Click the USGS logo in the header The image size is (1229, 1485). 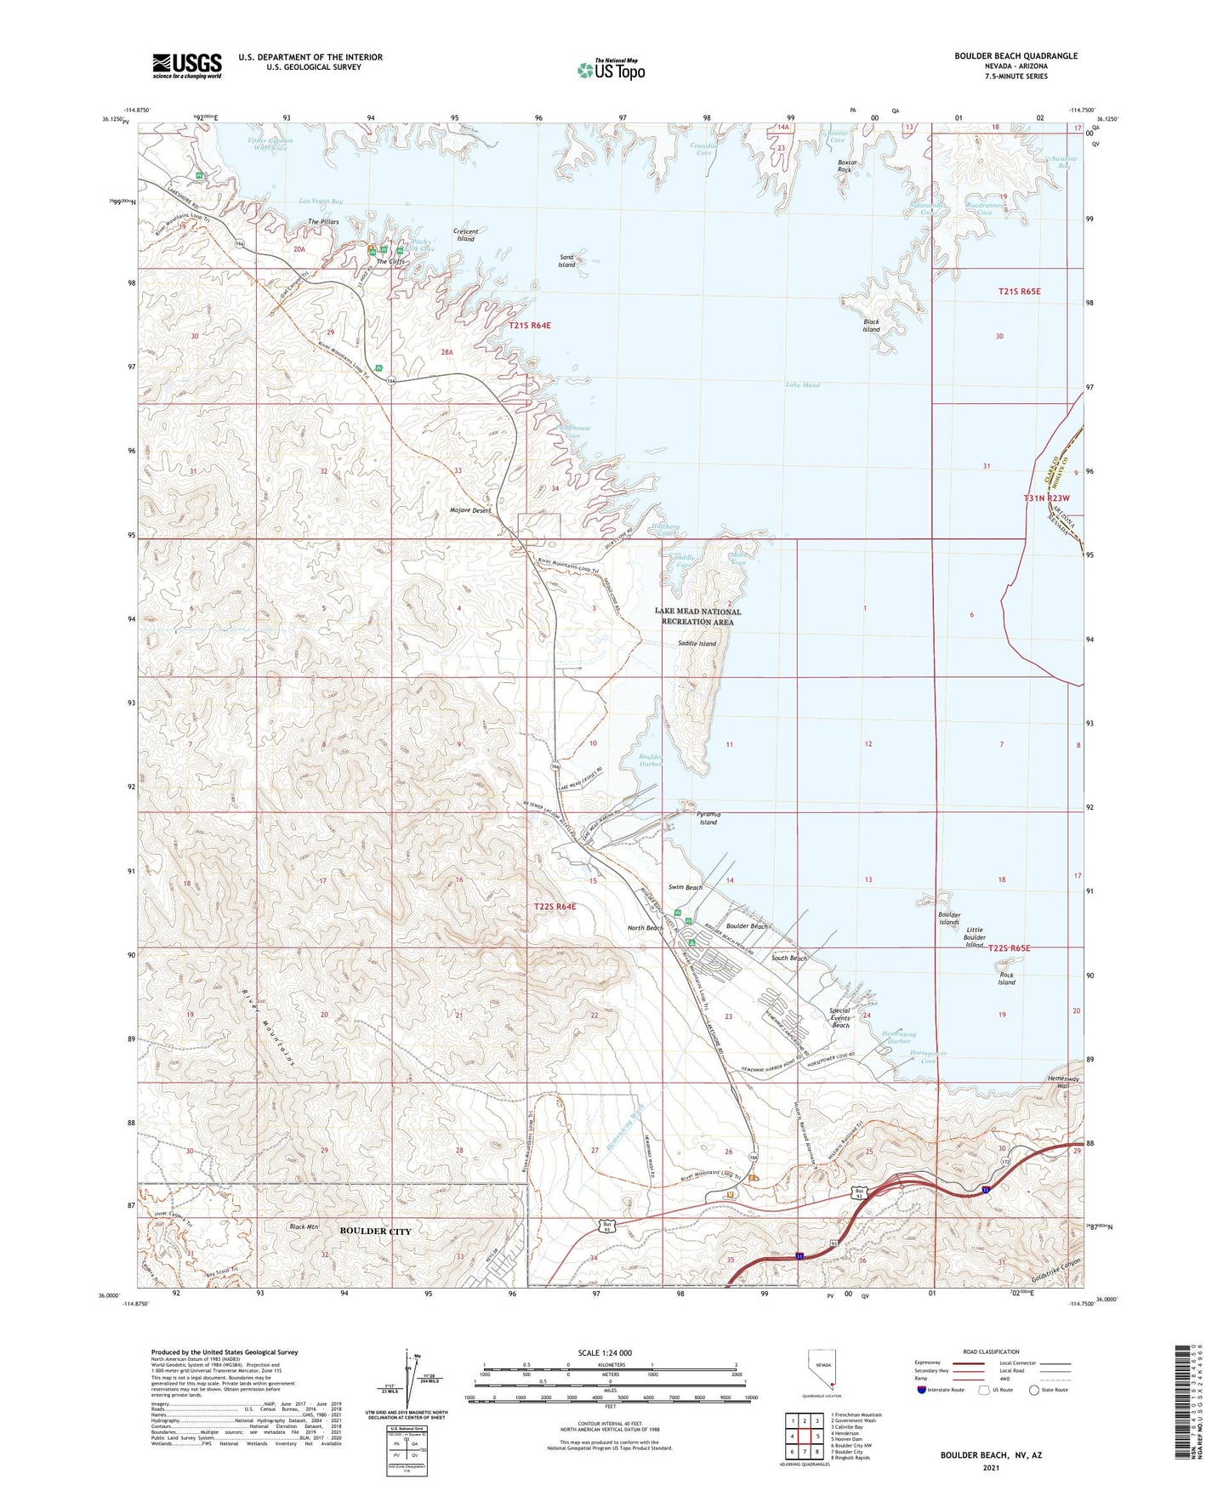[187, 65]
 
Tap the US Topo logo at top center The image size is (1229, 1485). [611, 70]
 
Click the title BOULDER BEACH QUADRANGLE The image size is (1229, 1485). [1016, 56]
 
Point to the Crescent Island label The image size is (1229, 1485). [465, 235]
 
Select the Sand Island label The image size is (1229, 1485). [566, 261]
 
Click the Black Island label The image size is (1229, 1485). [871, 326]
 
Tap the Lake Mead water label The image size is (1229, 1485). [802, 385]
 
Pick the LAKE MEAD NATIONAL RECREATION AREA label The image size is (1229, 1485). [697, 617]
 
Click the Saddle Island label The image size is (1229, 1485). [697, 644]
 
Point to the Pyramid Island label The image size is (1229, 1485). [708, 818]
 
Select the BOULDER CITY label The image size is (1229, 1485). [375, 1232]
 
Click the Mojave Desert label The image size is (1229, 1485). [470, 510]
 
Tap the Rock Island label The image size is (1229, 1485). [1006, 979]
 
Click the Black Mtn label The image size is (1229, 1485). [303, 1226]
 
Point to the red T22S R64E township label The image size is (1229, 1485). [554, 907]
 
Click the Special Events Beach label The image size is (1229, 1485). [839, 1018]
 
